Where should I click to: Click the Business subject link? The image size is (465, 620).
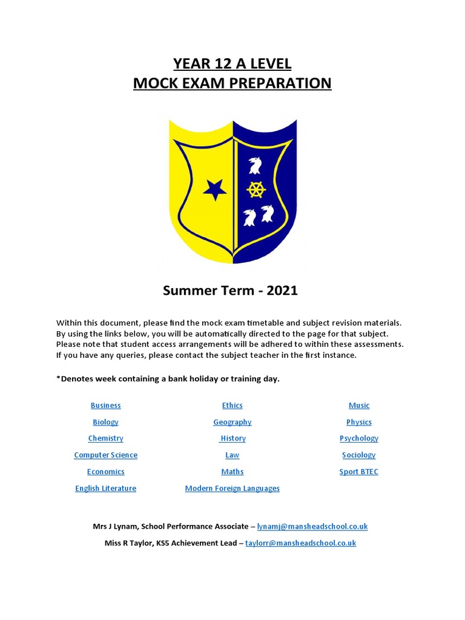click(x=105, y=406)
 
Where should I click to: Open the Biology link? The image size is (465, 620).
click(x=105, y=422)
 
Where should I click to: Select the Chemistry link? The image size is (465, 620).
click(x=105, y=438)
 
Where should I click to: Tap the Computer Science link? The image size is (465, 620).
click(x=105, y=455)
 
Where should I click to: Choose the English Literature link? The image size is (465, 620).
click(x=105, y=488)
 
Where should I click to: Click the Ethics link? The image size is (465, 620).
click(x=232, y=406)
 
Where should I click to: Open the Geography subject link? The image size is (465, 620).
click(x=232, y=422)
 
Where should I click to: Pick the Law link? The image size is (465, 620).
click(x=232, y=455)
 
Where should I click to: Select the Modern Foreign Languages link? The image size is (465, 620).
click(x=232, y=488)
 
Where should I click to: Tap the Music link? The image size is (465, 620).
click(x=359, y=406)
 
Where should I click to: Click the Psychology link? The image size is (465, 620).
click(x=359, y=438)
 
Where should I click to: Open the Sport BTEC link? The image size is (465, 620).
click(x=359, y=472)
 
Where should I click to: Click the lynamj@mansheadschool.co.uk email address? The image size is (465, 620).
click(x=312, y=527)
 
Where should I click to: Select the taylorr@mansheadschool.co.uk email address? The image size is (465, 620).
click(x=300, y=543)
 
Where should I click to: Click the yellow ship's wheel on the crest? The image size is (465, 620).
click(x=257, y=190)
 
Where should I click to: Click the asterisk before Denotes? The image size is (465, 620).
click(x=58, y=378)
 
